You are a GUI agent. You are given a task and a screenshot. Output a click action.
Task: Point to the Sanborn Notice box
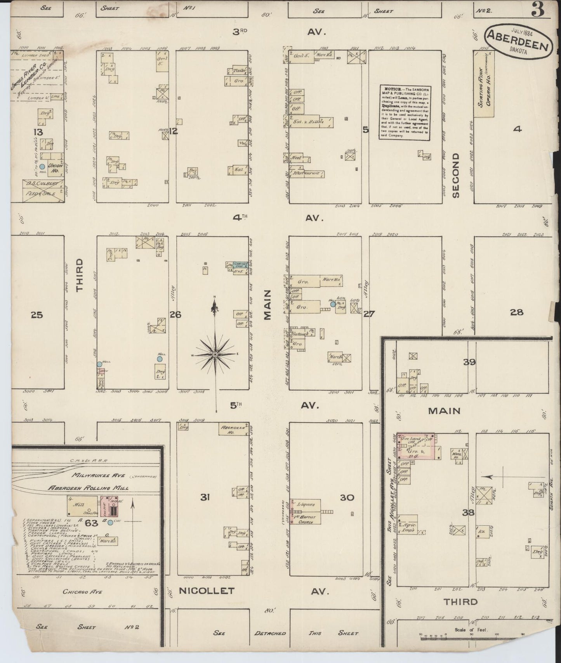405,112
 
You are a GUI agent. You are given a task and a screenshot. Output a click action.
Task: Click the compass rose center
215,354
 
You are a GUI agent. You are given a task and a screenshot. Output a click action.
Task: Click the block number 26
175,314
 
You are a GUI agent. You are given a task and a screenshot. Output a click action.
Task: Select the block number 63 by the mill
92,523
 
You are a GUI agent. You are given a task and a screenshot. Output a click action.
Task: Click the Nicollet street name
207,591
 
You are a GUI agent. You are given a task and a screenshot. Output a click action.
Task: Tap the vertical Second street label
455,175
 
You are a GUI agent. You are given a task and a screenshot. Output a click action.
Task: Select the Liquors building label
306,504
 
